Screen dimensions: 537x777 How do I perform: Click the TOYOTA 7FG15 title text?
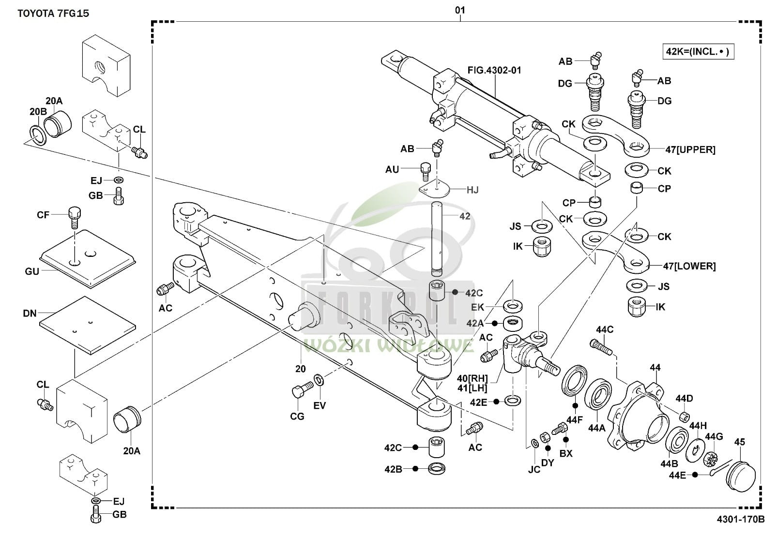point(53,13)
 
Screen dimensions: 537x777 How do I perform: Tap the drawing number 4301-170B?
point(740,520)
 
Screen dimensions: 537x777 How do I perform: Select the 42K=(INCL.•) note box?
point(698,51)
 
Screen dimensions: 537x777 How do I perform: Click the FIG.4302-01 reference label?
point(494,70)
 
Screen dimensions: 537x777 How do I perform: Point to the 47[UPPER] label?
point(690,149)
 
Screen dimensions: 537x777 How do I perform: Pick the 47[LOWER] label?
point(689,266)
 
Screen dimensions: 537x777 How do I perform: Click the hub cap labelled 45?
point(741,475)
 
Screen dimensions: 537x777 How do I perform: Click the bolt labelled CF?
point(74,218)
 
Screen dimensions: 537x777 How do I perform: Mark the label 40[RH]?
point(472,378)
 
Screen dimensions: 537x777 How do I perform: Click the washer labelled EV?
point(320,380)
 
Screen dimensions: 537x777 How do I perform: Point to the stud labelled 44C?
point(601,345)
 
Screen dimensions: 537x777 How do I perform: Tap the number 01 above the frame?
point(459,10)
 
